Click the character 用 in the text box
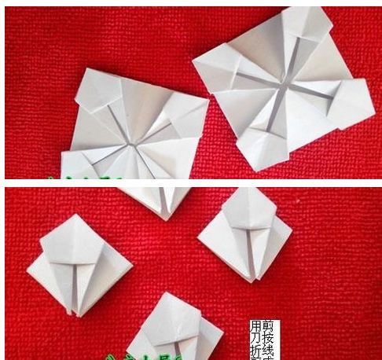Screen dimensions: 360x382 255,326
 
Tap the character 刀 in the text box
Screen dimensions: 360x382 255,338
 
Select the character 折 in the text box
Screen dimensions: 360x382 255,351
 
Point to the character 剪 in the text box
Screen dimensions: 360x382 267,325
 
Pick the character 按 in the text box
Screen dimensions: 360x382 267,337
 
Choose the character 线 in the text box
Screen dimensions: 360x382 267,350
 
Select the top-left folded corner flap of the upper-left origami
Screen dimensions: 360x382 97,89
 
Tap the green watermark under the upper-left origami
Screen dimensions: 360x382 86,178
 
